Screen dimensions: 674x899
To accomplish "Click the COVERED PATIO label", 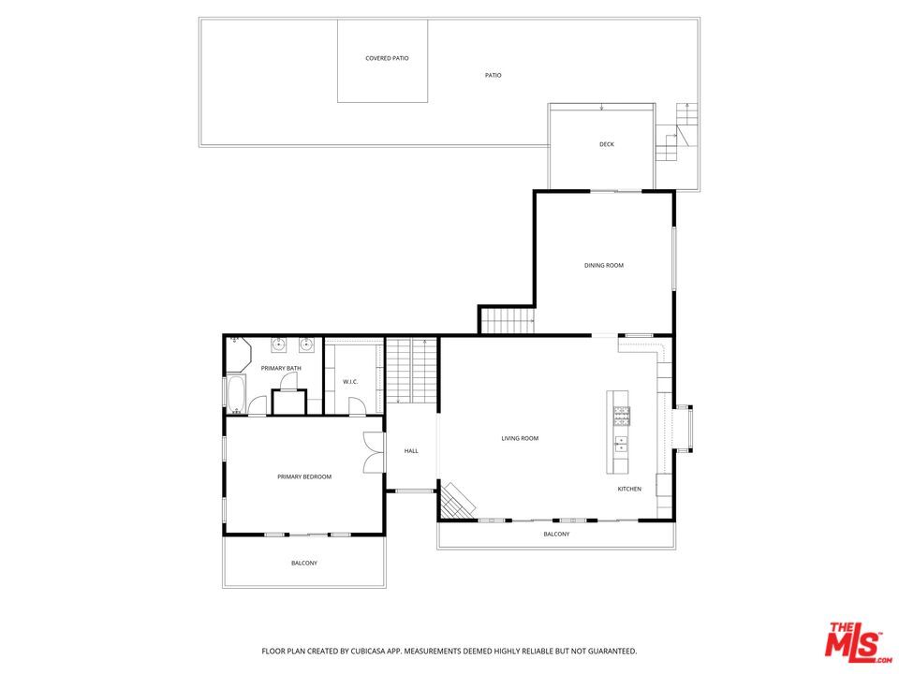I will point(387,58).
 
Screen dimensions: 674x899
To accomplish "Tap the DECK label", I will point(607,144).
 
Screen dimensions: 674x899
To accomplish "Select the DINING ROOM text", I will point(603,266).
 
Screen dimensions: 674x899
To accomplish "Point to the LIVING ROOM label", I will point(520,438).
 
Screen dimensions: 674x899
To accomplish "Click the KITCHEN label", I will point(629,490).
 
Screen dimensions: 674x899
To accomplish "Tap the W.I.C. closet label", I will point(350,382).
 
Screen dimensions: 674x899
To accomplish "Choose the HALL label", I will point(411,451).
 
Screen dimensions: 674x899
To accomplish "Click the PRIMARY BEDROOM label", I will point(304,477).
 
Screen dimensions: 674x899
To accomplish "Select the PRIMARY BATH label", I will point(281,369).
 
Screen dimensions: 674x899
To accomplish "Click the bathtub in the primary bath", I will point(235,394).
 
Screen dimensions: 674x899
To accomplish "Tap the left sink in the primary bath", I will point(278,344).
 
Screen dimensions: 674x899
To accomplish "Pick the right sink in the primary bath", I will point(305,344).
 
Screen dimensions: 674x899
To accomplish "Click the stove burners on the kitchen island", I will point(620,413).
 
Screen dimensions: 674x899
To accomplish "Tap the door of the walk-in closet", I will point(355,404).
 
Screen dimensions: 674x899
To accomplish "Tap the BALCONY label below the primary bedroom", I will point(303,564).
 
